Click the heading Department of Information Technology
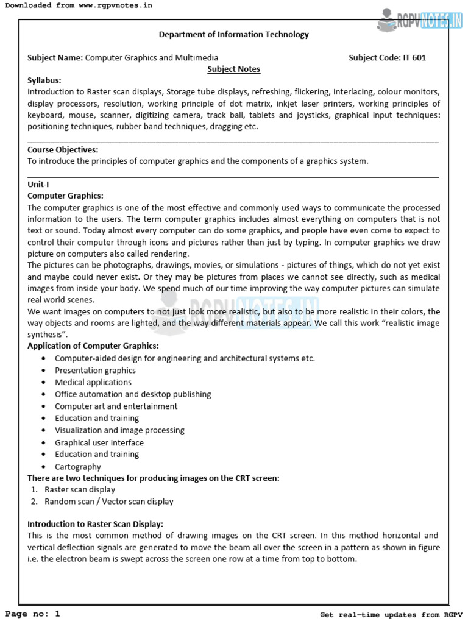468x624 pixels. pyautogui.click(x=234, y=35)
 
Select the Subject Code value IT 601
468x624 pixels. pyautogui.click(x=414, y=58)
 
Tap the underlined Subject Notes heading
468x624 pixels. pyautogui.click(x=233, y=69)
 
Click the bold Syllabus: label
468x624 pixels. pyautogui.click(x=44, y=80)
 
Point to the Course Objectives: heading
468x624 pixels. pyautogui.click(x=63, y=150)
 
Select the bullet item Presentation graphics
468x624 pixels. pyautogui.click(x=95, y=370)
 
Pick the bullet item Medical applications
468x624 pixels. pyautogui.click(x=93, y=383)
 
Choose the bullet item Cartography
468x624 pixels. pyautogui.click(x=78, y=467)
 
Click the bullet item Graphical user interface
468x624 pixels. pyautogui.click(x=99, y=443)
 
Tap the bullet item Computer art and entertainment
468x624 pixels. pyautogui.click(x=116, y=406)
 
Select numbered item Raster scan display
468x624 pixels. pyautogui.click(x=80, y=489)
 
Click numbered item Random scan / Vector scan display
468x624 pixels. pyautogui.click(x=109, y=502)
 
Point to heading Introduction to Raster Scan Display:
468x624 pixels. pyautogui.click(x=96, y=524)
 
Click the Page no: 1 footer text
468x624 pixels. pyautogui.click(x=33, y=614)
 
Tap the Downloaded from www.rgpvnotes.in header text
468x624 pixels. pyautogui.click(x=78, y=5)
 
